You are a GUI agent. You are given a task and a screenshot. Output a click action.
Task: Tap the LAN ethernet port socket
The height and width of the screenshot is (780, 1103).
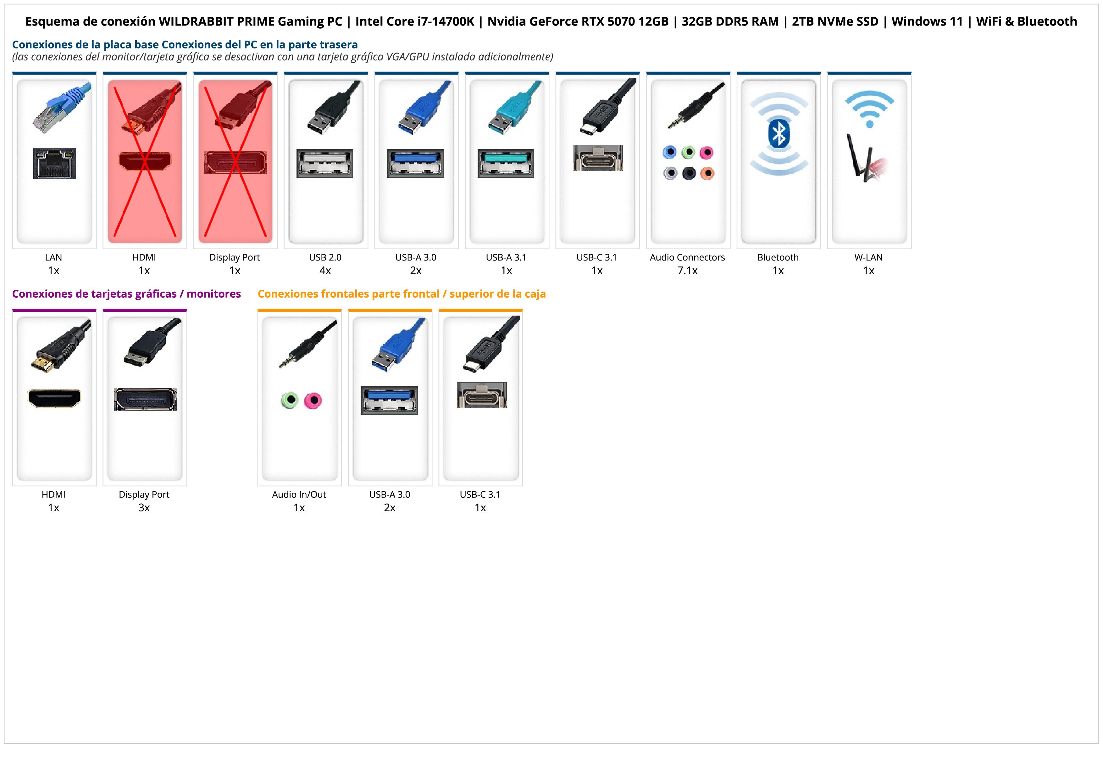coord(54,163)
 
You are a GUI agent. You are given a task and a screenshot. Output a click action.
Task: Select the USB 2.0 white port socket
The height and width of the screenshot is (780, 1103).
coord(325,163)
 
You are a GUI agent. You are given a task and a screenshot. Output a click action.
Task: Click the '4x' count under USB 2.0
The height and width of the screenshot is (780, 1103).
coord(325,271)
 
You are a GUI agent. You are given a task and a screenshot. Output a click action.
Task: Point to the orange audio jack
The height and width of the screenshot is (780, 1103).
coord(707,173)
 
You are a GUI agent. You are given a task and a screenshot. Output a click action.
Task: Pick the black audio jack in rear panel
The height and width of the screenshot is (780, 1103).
coord(689,173)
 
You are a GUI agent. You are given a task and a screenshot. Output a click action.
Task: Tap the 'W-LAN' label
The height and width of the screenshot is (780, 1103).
coord(868,257)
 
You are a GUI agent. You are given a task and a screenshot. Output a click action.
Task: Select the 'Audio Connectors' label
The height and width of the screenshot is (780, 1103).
coord(687,257)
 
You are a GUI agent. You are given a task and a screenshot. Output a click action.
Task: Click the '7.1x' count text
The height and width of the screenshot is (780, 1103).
coord(687,271)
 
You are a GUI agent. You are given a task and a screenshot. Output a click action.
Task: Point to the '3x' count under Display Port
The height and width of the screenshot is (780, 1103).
coord(144,508)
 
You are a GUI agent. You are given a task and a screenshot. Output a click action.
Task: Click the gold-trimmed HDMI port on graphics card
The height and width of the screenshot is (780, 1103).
coord(54,398)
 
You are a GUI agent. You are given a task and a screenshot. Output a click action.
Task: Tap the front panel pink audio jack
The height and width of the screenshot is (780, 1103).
coord(313,400)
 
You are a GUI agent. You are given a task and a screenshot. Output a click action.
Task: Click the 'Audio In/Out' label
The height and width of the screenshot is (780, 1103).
coord(299,495)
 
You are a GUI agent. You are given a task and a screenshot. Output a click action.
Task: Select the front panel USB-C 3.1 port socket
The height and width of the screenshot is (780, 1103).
coord(481,396)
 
